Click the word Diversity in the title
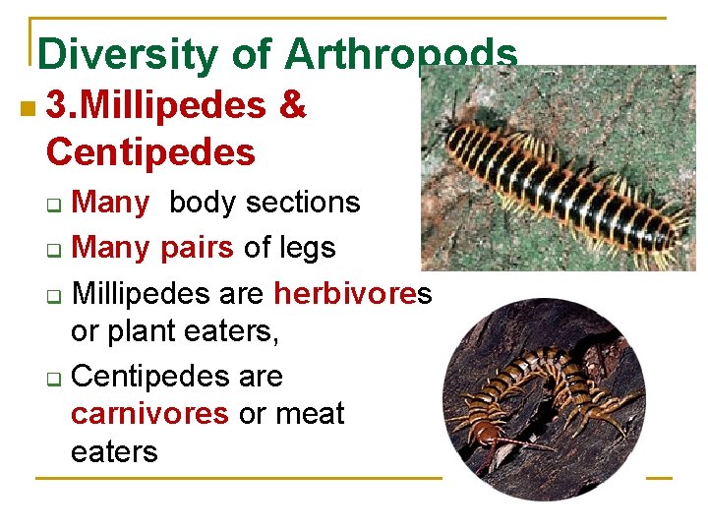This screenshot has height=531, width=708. pos(113,54)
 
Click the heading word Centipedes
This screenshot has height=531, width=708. pos(149,151)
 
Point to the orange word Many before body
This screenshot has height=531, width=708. pos(111,203)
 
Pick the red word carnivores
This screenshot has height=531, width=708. pos(149,413)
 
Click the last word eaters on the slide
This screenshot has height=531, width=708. pos(114,451)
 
